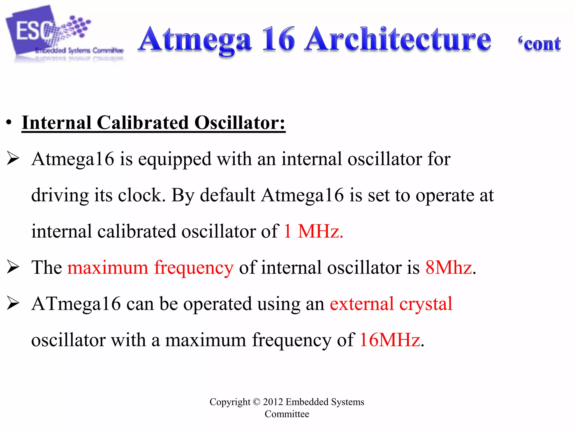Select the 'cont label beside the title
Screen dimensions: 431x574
point(540,44)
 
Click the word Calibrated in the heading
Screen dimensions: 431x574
point(143,123)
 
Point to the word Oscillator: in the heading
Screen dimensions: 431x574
point(240,123)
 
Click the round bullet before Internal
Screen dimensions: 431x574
point(9,123)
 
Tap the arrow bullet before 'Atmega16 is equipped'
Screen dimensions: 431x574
point(13,158)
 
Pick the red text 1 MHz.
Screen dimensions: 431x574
point(313,231)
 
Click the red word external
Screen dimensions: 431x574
point(362,304)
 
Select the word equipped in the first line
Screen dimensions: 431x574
point(175,159)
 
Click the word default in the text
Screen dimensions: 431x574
point(228,195)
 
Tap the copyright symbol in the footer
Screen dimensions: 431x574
point(256,402)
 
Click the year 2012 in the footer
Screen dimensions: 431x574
point(273,402)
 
